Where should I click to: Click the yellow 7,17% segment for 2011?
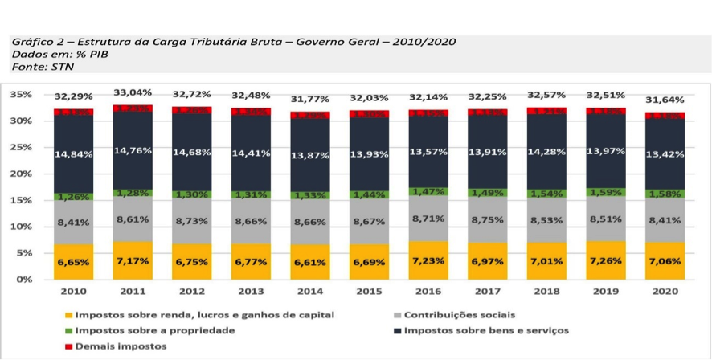click(132, 260)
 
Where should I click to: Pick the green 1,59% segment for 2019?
click(605, 194)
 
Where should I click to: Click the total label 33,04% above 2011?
click(132, 93)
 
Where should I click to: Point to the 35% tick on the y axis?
click(21, 95)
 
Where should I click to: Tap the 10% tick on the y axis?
click(21, 227)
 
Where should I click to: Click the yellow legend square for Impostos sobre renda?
click(70, 315)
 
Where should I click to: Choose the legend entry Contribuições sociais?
click(460, 315)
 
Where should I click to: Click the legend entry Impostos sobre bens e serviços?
click(486, 330)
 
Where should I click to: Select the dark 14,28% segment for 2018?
click(546, 152)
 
